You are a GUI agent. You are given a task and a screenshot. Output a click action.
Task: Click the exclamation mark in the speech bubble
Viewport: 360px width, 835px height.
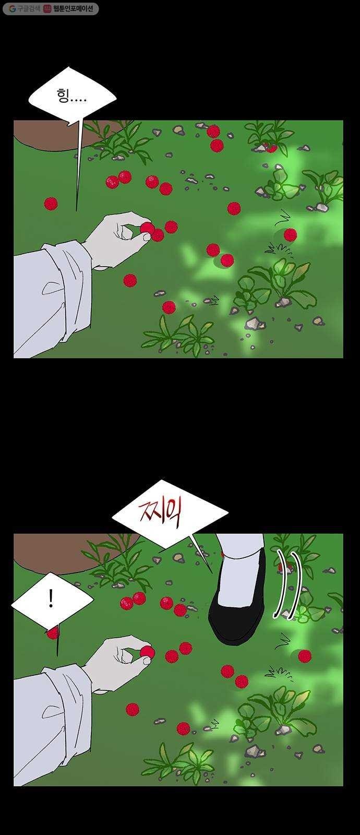point(51,600)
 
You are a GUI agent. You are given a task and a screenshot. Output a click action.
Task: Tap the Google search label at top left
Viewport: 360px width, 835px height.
point(25,8)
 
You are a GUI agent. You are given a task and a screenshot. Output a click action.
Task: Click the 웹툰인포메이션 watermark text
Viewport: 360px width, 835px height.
point(73,8)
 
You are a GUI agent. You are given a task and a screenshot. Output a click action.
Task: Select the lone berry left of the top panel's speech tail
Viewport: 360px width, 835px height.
point(51,204)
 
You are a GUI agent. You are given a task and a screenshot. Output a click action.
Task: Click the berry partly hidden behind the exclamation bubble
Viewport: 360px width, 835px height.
point(53,632)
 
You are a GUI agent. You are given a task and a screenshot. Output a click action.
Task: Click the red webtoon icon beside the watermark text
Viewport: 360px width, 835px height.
point(47,8)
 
